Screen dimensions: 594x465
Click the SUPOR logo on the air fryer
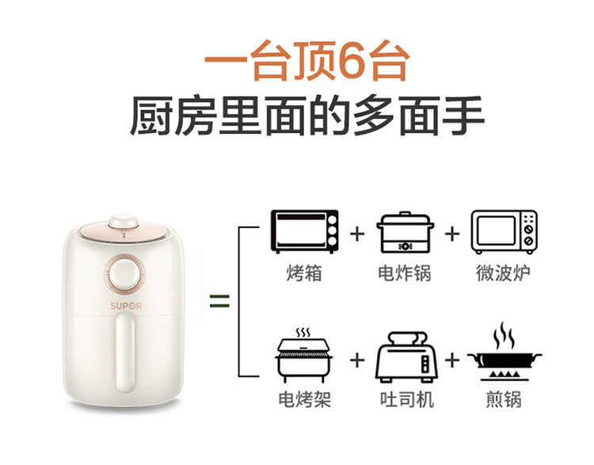pos(126,306)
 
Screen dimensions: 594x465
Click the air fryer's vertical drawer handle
pos(125,353)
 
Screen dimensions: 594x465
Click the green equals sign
pos(219,301)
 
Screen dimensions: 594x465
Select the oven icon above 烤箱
pos(305,231)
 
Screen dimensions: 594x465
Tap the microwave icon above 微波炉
pos(505,232)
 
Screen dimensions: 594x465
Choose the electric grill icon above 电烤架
pos(305,355)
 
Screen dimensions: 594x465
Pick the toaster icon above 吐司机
pos(406,357)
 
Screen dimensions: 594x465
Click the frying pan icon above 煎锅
pos(505,352)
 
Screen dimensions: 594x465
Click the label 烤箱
pos(304,273)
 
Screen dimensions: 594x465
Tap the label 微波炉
pos(503,273)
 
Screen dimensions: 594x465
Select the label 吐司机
pos(407,399)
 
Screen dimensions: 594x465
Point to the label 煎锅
pos(504,399)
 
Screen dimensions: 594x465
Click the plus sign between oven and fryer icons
pos(357,234)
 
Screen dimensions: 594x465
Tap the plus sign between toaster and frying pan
pos(452,360)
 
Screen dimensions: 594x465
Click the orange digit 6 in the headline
pos(353,62)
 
